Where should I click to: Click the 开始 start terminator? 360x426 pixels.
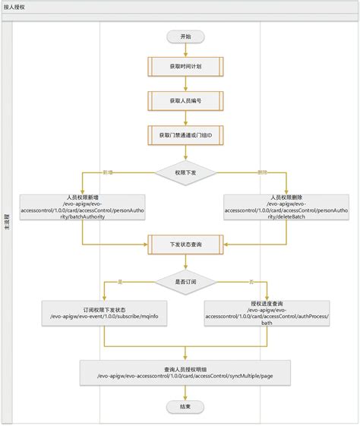coord(186,36)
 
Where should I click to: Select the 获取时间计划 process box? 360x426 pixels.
coord(186,67)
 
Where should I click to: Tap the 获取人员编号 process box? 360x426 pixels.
coord(186,100)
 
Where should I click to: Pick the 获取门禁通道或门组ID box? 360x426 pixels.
coord(186,134)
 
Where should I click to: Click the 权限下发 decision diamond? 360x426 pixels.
coord(186,172)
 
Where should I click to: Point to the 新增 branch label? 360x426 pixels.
coord(107,172)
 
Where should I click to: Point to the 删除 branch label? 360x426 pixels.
coord(263,172)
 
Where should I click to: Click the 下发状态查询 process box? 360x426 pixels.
coord(186,245)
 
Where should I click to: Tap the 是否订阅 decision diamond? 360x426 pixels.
coord(186,282)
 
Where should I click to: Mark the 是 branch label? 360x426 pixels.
coord(119,282)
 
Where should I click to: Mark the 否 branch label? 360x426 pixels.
coord(251,282)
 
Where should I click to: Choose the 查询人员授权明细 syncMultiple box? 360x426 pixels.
coord(185,372)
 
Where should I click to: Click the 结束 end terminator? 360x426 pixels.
coord(186,407)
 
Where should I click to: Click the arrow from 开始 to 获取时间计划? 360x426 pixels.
coord(186,49)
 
